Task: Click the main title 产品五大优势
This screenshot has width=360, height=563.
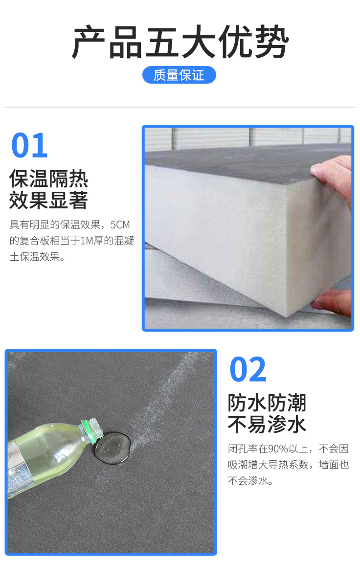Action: coord(180,42)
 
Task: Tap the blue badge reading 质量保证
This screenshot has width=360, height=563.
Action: coord(179,75)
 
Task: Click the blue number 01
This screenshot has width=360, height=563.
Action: coord(29,145)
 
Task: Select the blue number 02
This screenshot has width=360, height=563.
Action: coord(248,369)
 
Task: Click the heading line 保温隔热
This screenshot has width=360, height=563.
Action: coord(49,179)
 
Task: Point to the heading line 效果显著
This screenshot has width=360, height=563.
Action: coord(49,200)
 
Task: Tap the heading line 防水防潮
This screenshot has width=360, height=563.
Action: coord(267,403)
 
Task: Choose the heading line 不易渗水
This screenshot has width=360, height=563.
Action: coord(267,424)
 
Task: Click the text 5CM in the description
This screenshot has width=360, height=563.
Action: coord(120,225)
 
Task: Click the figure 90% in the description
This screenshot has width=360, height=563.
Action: coord(278,449)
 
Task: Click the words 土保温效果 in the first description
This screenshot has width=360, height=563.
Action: coord(34,257)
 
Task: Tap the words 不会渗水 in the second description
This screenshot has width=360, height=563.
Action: coord(247,481)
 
